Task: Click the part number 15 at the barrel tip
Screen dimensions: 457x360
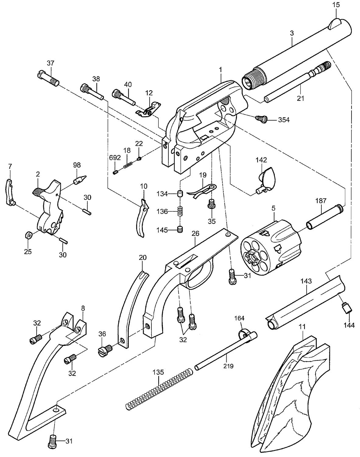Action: pyautogui.click(x=336, y=5)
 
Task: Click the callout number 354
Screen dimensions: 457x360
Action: pyautogui.click(x=284, y=120)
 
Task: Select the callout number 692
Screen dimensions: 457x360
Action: pyautogui.click(x=115, y=158)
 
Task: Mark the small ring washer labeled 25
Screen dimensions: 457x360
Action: pyautogui.click(x=28, y=235)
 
